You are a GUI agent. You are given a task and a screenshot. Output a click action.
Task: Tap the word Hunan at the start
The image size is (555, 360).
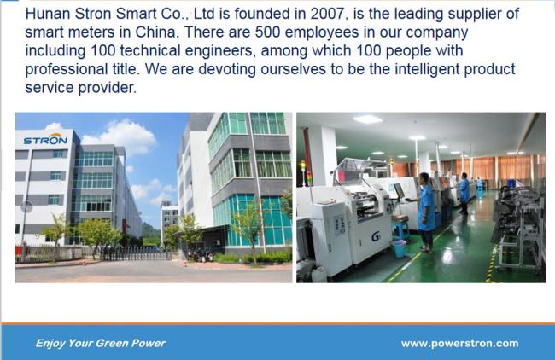pyautogui.click(x=49, y=14)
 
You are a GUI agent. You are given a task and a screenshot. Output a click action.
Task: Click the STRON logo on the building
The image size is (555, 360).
pyautogui.click(x=44, y=139)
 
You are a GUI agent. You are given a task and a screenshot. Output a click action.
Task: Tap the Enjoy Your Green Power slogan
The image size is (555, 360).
pyautogui.click(x=101, y=343)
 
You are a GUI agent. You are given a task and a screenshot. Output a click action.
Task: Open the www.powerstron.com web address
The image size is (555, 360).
pyautogui.click(x=459, y=343)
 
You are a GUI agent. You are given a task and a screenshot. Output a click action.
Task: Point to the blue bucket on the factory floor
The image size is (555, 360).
pyautogui.click(x=399, y=247)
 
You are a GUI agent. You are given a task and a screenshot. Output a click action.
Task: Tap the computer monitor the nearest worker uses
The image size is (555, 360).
pyautogui.click(x=399, y=190)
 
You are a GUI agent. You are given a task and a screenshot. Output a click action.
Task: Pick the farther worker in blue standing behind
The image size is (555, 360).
pyautogui.click(x=464, y=192)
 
